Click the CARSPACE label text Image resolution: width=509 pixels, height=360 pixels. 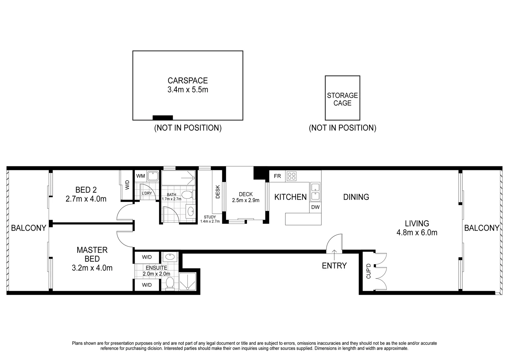[x=188, y=81]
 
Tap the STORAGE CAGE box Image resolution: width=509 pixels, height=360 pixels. [x=342, y=98]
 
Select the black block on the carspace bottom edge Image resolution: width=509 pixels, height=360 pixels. [x=163, y=117]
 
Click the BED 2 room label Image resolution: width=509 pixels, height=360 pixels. [x=86, y=190]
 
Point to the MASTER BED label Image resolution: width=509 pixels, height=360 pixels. [x=92, y=254]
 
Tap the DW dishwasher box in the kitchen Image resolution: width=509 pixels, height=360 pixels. [x=315, y=207]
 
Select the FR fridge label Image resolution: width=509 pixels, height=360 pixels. [x=277, y=176]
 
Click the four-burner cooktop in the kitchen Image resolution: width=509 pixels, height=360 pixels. [x=291, y=176]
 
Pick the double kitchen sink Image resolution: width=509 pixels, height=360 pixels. [x=315, y=191]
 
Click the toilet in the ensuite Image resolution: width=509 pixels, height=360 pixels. [x=170, y=284]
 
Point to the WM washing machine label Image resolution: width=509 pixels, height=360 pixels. [x=141, y=175]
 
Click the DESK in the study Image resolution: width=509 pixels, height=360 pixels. [x=217, y=192]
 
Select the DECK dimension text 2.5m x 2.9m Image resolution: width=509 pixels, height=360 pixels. [x=246, y=200]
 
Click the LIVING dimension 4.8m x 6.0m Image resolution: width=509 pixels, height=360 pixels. [x=417, y=233]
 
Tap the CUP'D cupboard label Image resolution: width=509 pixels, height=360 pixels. [x=368, y=271]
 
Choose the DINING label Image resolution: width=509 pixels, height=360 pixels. [x=356, y=197]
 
